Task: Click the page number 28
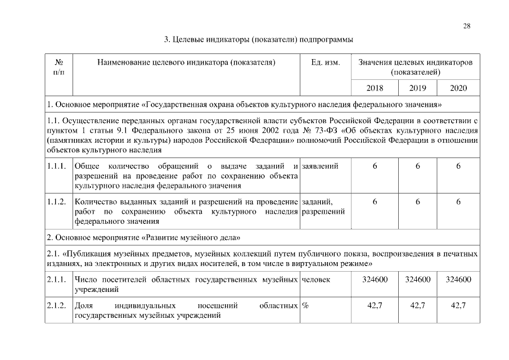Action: (x=467, y=26)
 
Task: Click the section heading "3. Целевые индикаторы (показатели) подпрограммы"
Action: (x=258, y=40)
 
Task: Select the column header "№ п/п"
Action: (x=58, y=67)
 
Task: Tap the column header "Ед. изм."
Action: (x=325, y=62)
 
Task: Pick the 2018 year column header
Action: (x=375, y=88)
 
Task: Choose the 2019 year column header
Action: (x=418, y=88)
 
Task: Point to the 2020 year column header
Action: (x=458, y=88)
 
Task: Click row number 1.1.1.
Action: (x=57, y=166)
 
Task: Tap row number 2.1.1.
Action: (x=57, y=280)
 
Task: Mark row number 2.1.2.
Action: (x=57, y=305)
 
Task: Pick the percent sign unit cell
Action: (x=306, y=305)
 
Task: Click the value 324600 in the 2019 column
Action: (x=418, y=280)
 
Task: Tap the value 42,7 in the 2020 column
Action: (x=458, y=305)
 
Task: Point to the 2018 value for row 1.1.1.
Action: (x=375, y=166)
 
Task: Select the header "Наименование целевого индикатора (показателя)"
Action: (x=186, y=62)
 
